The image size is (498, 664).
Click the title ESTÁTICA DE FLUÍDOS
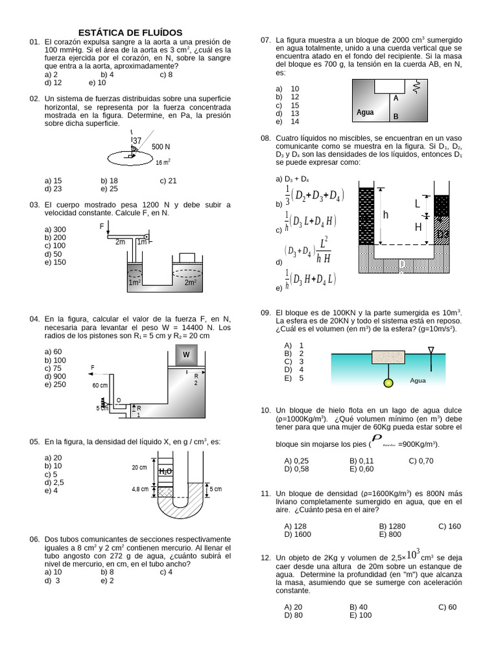tap(130, 32)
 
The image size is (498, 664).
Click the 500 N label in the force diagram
tap(161, 147)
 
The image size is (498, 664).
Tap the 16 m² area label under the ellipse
tap(163, 162)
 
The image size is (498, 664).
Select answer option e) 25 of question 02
tap(109, 189)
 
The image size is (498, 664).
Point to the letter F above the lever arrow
tap(102, 226)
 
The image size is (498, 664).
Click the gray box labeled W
tap(186, 355)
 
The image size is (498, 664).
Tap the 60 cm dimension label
tap(100, 385)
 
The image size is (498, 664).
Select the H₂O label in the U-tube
tap(165, 472)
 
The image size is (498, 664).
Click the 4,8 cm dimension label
tap(140, 489)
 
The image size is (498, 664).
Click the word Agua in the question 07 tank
tap(365, 112)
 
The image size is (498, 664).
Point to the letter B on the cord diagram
tap(396, 117)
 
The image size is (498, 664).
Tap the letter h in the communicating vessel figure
tap(385, 215)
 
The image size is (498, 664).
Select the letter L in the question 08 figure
tap(418, 204)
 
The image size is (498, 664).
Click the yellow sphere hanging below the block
tap(388, 382)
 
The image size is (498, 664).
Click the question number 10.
tap(265, 410)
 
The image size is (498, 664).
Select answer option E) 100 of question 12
tap(361, 615)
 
